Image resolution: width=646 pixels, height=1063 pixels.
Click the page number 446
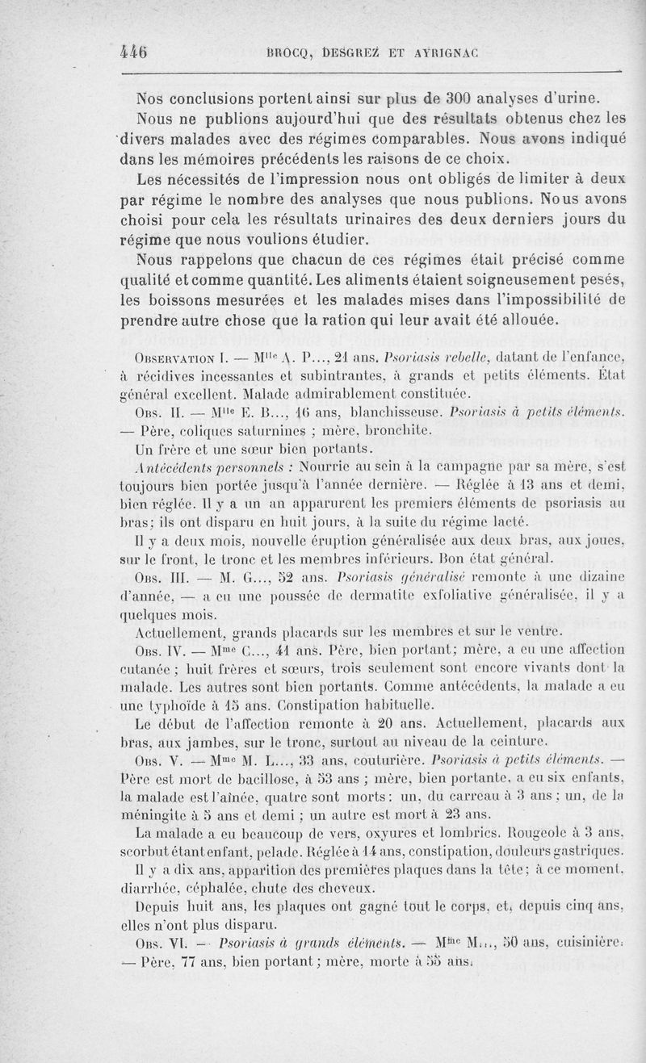click(132, 51)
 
